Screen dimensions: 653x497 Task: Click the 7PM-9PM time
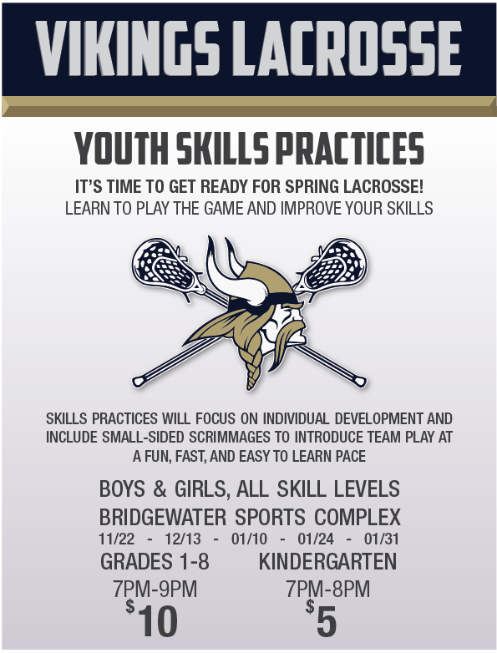click(x=155, y=590)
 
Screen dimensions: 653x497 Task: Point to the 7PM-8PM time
click(x=327, y=590)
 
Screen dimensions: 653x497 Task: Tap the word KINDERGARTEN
click(x=327, y=562)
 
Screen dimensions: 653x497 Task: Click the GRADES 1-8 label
click(x=155, y=562)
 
